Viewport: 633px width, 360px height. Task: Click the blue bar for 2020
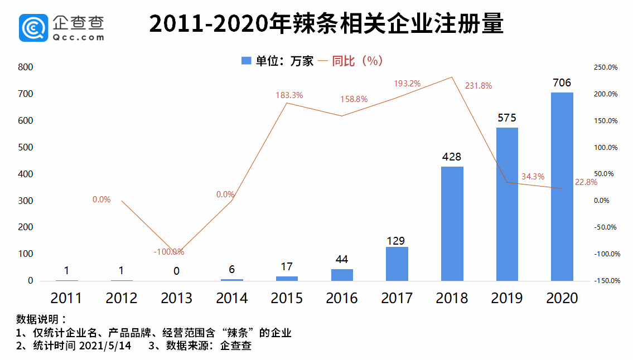click(562, 187)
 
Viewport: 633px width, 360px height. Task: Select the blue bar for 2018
click(452, 223)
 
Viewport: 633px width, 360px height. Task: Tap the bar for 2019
click(507, 204)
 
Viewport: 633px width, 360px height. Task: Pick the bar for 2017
click(397, 264)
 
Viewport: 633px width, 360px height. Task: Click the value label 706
click(562, 83)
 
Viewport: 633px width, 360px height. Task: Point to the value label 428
click(452, 157)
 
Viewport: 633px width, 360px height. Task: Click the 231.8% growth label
click(479, 86)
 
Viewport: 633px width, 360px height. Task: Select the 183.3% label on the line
click(289, 95)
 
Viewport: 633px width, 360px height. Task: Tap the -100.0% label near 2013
click(168, 252)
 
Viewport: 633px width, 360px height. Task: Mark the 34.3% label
click(533, 176)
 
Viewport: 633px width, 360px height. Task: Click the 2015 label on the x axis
click(287, 298)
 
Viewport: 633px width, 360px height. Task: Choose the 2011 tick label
click(66, 298)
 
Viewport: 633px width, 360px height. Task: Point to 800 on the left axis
click(26, 67)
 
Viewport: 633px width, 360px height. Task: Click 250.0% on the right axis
click(605, 67)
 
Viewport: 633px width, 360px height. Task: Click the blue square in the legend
click(246, 61)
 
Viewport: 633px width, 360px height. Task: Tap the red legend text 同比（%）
click(357, 61)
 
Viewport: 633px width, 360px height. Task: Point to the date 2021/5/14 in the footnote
click(107, 346)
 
